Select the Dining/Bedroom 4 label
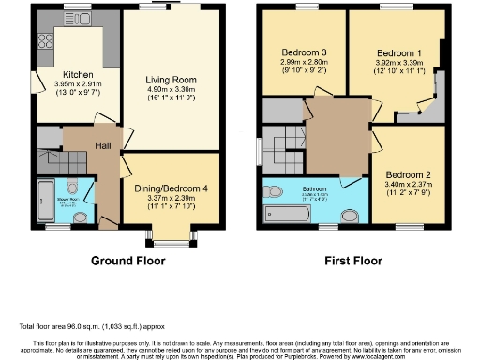(x=165, y=187)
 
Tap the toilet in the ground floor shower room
(x=82, y=215)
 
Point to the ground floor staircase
(x=50, y=159)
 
